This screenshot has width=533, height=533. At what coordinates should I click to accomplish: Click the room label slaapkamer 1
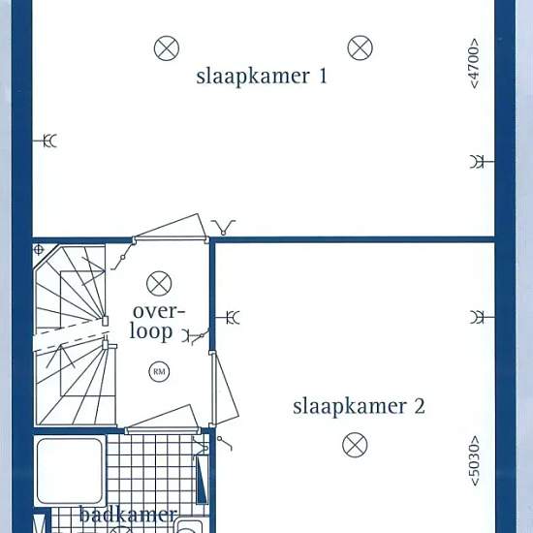coord(262,77)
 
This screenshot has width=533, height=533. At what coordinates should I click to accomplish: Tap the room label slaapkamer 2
coord(359,407)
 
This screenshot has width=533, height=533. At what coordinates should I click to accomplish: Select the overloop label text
coord(157,322)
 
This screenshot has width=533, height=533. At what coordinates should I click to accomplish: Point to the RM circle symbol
coord(159,371)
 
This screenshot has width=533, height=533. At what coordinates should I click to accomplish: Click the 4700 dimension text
coord(474,64)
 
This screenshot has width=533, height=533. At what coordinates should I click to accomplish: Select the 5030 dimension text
coord(474,460)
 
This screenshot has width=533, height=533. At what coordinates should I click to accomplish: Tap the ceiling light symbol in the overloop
coord(159,284)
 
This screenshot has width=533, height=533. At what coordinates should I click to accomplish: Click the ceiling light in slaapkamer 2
coord(355,445)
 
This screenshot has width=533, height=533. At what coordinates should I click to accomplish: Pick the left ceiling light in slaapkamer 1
coord(167,48)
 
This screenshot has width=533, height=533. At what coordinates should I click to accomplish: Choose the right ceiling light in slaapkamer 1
coord(360,47)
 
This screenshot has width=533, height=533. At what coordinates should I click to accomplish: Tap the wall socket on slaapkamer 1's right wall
coord(482,162)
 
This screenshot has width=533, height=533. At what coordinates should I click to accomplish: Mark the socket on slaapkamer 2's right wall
coord(482,317)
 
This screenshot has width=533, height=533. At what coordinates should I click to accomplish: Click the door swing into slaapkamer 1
coord(170,228)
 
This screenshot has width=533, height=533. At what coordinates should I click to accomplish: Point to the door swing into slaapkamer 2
coord(225,389)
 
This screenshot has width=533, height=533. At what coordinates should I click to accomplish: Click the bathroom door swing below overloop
coord(163,419)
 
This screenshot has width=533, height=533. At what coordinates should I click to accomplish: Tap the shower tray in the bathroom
coord(70,471)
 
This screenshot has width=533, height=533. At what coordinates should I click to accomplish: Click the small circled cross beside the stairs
coord(39,250)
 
